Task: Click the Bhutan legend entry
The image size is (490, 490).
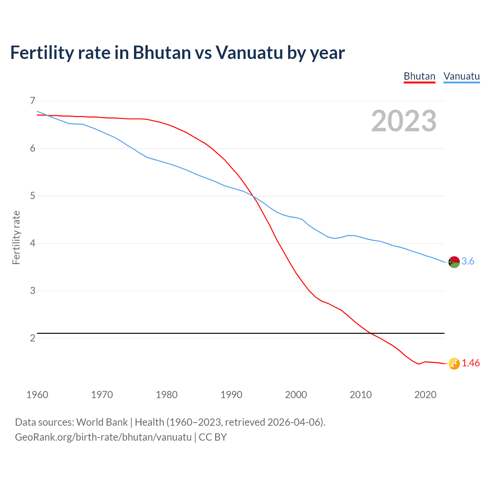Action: (x=420, y=76)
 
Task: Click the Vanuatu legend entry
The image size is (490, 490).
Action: (x=461, y=76)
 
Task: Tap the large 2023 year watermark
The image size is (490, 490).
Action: (x=403, y=121)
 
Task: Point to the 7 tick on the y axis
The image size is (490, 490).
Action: (x=33, y=101)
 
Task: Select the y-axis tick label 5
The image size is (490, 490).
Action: (x=33, y=196)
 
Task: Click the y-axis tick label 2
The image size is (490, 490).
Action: (x=33, y=338)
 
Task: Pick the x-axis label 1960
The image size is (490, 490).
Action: (x=37, y=395)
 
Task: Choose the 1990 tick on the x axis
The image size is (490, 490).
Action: (x=231, y=395)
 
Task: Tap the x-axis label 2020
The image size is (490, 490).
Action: (x=425, y=395)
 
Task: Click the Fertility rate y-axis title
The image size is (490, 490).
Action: (x=16, y=237)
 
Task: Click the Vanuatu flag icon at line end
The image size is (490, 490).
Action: (x=454, y=262)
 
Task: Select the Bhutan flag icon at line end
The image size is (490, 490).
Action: (x=454, y=364)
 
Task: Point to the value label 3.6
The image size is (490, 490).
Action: (x=468, y=261)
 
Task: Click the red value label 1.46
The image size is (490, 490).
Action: (x=470, y=363)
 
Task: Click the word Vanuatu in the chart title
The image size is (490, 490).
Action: (x=249, y=52)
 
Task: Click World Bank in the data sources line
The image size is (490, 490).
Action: (x=102, y=422)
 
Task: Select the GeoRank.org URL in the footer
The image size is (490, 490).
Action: (x=103, y=437)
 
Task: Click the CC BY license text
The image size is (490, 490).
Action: (x=213, y=437)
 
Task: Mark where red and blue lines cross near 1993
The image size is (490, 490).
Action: (x=253, y=196)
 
